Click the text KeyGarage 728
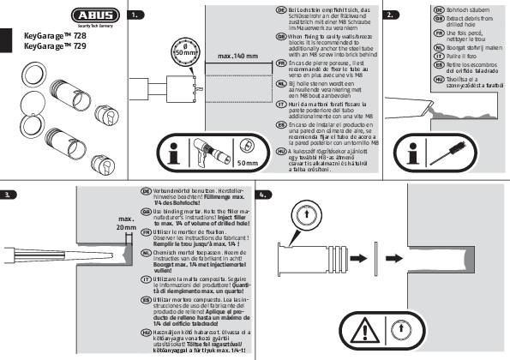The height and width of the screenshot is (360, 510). click(x=53, y=40)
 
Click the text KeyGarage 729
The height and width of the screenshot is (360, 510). click(x=53, y=51)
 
